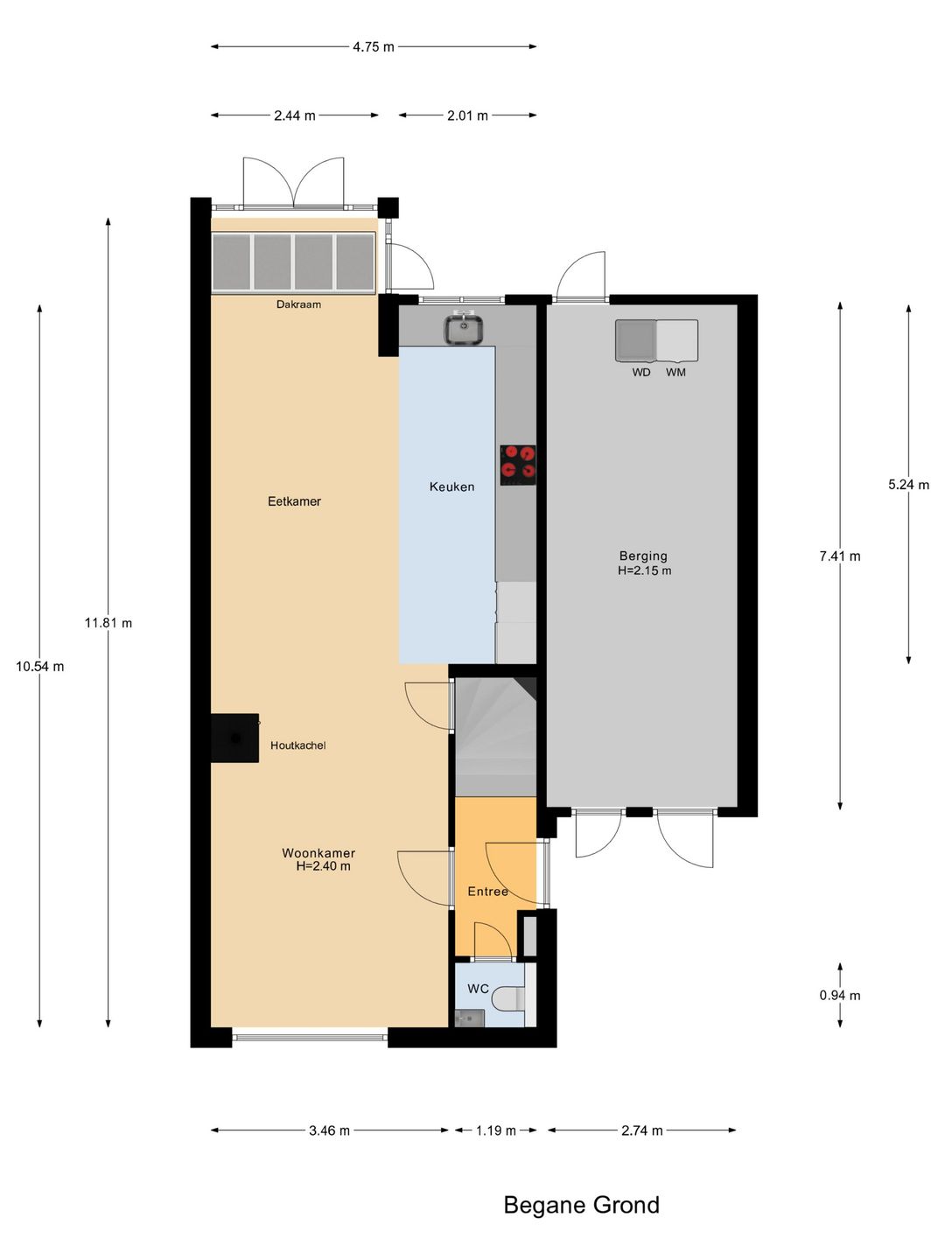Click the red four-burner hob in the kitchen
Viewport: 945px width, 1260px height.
(518, 465)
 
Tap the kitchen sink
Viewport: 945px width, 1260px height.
(464, 328)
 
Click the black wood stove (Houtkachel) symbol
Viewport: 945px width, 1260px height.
(234, 738)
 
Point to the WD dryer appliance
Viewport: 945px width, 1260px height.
(636, 340)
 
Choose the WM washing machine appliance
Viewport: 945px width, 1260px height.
(677, 340)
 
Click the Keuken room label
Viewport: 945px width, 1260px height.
(452, 486)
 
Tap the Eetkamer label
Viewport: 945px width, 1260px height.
(294, 501)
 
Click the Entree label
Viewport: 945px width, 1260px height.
(487, 892)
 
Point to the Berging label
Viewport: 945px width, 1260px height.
(643, 556)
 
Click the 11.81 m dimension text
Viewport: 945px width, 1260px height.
(108, 623)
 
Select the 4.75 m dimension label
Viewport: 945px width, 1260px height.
(374, 47)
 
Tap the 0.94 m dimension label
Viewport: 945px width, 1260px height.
(840, 996)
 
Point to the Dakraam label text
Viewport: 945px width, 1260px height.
(298, 304)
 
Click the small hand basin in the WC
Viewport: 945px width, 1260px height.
(470, 1018)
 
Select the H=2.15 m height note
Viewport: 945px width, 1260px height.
(644, 570)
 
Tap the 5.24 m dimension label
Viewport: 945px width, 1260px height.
(909, 485)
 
